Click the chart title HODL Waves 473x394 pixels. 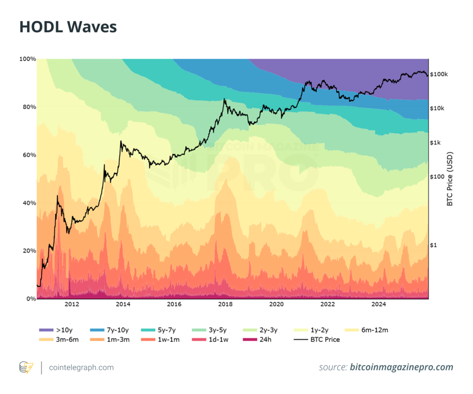pos(68,27)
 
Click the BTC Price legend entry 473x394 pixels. pos(317,339)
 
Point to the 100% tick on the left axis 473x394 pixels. pos(27,59)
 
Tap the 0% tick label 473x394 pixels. pos(30,299)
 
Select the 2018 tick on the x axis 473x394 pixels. pos(225,304)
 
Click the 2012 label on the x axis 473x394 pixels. pos(72,304)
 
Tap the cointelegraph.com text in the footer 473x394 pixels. pos(81,368)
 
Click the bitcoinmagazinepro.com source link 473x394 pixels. pos(401,368)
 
